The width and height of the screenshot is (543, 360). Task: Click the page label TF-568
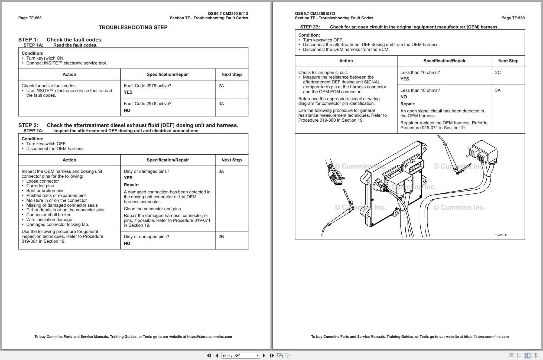[30, 18]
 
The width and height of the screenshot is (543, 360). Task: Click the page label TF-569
[513, 18]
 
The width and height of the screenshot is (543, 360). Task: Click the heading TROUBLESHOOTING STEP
[133, 27]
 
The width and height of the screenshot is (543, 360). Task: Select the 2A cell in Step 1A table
[221, 86]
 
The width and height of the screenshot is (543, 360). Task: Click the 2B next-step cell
[221, 237]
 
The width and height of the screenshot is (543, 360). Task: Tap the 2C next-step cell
[498, 73]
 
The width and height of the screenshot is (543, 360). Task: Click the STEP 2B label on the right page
[310, 27]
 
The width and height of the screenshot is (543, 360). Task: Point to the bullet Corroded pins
[40, 186]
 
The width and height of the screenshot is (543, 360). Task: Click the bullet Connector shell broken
[49, 215]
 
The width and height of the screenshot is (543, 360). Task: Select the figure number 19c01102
[501, 235]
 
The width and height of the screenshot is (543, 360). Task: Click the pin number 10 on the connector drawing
[468, 148]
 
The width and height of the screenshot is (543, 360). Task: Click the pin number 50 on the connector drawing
[467, 156]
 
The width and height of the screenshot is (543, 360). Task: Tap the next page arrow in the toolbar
[264, 355]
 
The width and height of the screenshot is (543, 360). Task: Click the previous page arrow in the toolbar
[217, 355]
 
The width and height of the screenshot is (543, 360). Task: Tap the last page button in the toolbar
[272, 355]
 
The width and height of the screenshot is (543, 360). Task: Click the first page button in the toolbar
[209, 355]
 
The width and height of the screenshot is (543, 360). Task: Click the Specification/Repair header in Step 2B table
[444, 61]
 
